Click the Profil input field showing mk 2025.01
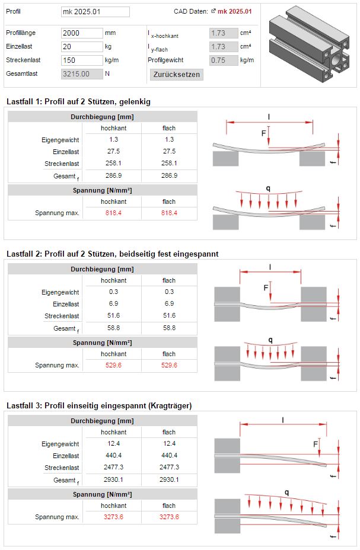pyautogui.click(x=95, y=12)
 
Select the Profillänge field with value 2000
pyautogui.click(x=82, y=33)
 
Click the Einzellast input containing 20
pyautogui.click(x=82, y=47)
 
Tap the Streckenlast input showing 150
pyautogui.click(x=82, y=60)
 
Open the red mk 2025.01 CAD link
pyautogui.click(x=234, y=11)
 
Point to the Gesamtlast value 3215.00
pyautogui.click(x=82, y=74)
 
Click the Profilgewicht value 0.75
pyautogui.click(x=224, y=60)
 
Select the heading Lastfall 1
pyautogui.click(x=79, y=102)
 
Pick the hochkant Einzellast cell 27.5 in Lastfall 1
pyautogui.click(x=113, y=151)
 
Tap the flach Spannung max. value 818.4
pyautogui.click(x=169, y=213)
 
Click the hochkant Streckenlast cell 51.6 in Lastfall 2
pyautogui.click(x=113, y=315)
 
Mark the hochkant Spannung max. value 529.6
pyautogui.click(x=113, y=365)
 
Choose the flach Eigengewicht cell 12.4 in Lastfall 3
pyautogui.click(x=169, y=443)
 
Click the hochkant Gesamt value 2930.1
pyautogui.click(x=113, y=479)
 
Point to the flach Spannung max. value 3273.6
pyautogui.click(x=169, y=517)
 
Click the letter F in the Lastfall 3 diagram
pyautogui.click(x=315, y=445)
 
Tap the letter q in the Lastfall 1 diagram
pyautogui.click(x=269, y=188)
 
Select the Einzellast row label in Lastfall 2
pyautogui.click(x=66, y=304)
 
